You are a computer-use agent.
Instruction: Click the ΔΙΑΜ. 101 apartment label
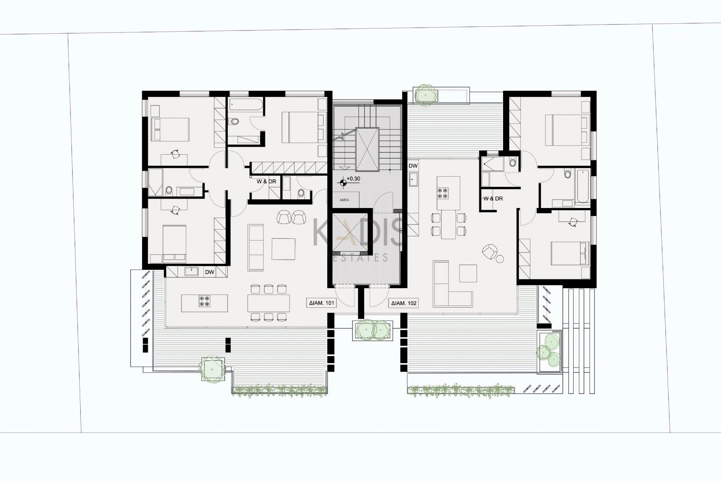322,303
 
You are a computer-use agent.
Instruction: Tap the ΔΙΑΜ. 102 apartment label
404,303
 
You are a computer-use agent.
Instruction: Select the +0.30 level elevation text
353,179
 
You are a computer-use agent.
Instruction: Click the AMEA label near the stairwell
344,200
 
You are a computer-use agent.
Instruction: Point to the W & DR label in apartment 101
266,182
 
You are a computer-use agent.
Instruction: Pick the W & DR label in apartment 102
493,198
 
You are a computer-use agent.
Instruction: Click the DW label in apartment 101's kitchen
209,272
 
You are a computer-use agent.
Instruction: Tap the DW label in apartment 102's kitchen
413,166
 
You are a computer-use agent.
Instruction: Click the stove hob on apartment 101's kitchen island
204,301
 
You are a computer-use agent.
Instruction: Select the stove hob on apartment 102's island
443,193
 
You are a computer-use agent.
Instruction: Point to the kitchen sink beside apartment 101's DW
191,271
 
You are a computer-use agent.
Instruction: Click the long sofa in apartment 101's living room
256,247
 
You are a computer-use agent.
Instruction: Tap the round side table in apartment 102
499,259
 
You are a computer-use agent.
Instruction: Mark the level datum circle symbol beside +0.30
342,183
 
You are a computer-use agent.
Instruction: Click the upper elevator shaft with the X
367,150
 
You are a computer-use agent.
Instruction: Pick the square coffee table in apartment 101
284,249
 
